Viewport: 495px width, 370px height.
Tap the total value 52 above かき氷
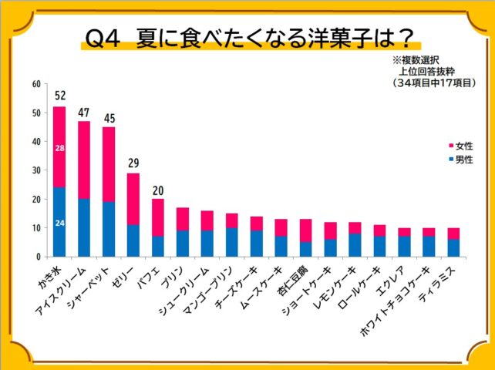60,96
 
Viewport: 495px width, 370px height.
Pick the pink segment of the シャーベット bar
109,164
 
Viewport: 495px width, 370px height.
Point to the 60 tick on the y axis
36,84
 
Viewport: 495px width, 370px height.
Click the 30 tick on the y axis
36,170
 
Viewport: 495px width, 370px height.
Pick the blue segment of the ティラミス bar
453,247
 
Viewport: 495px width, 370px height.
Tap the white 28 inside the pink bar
59,147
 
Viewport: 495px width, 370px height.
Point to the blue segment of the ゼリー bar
133,240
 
